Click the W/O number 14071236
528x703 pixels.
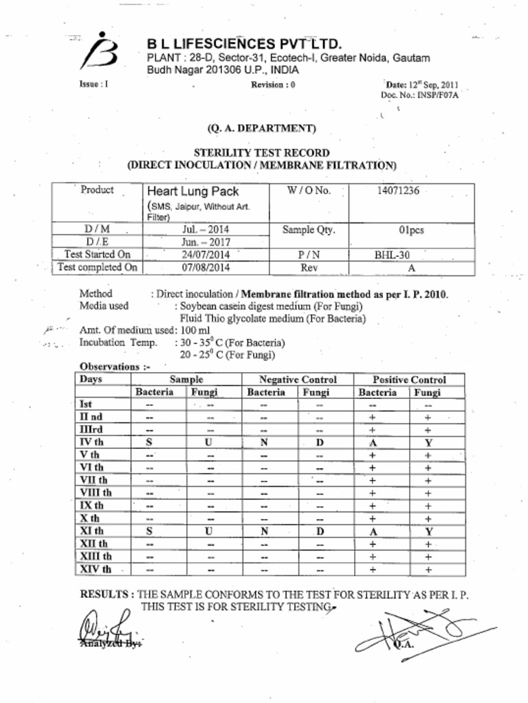coord(397,191)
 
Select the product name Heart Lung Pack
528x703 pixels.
coord(192,192)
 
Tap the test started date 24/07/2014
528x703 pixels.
coord(206,254)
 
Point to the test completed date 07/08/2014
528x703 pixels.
coord(206,267)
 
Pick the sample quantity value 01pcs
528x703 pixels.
coord(411,230)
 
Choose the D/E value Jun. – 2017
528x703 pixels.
coord(206,242)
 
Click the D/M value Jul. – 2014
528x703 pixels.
coord(206,229)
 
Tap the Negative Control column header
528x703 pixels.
coord(298,380)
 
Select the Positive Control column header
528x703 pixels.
coord(409,380)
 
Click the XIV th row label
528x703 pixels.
coord(96,569)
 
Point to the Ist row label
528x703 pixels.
coord(86,404)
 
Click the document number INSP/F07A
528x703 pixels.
coord(437,95)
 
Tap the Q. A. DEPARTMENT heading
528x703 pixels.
coord(261,128)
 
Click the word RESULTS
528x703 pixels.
coord(107,594)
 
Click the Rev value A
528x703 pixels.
coord(411,267)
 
